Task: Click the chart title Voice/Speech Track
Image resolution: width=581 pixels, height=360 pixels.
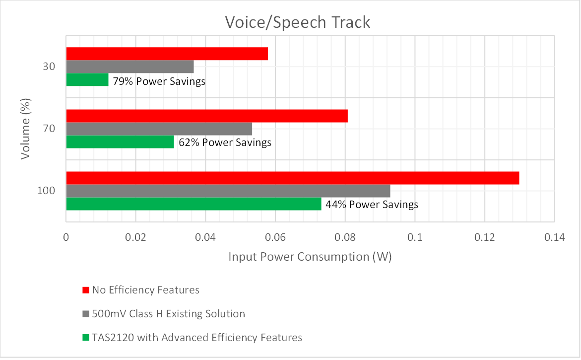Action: coord(297,22)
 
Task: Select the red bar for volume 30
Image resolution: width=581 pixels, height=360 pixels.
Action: coord(167,54)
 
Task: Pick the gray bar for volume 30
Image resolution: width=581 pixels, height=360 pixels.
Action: coord(129,67)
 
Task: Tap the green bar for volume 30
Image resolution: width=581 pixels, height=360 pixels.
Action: coord(87,79)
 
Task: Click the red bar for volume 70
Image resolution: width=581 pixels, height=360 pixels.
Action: coord(206,116)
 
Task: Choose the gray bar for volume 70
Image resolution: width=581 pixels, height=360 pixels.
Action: coord(159,129)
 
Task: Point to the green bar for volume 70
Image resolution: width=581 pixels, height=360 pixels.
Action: coord(120,142)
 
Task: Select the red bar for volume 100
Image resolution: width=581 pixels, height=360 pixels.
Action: coord(292,178)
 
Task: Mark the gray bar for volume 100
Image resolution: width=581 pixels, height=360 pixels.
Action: coord(228,191)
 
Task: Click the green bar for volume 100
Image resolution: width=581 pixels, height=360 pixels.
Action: coord(194,204)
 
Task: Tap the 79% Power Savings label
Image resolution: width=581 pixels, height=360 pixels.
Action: coord(159,81)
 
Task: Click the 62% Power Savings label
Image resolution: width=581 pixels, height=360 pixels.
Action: coord(225,143)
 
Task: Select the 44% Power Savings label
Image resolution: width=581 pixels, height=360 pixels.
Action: coord(372,205)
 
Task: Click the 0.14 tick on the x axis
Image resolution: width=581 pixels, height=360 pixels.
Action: coord(554,238)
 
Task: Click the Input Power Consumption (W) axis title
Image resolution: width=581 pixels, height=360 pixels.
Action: coord(310,257)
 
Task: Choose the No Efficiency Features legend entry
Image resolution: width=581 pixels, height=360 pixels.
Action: coord(145,289)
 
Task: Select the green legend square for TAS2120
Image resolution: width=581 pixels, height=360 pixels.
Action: coord(85,338)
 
